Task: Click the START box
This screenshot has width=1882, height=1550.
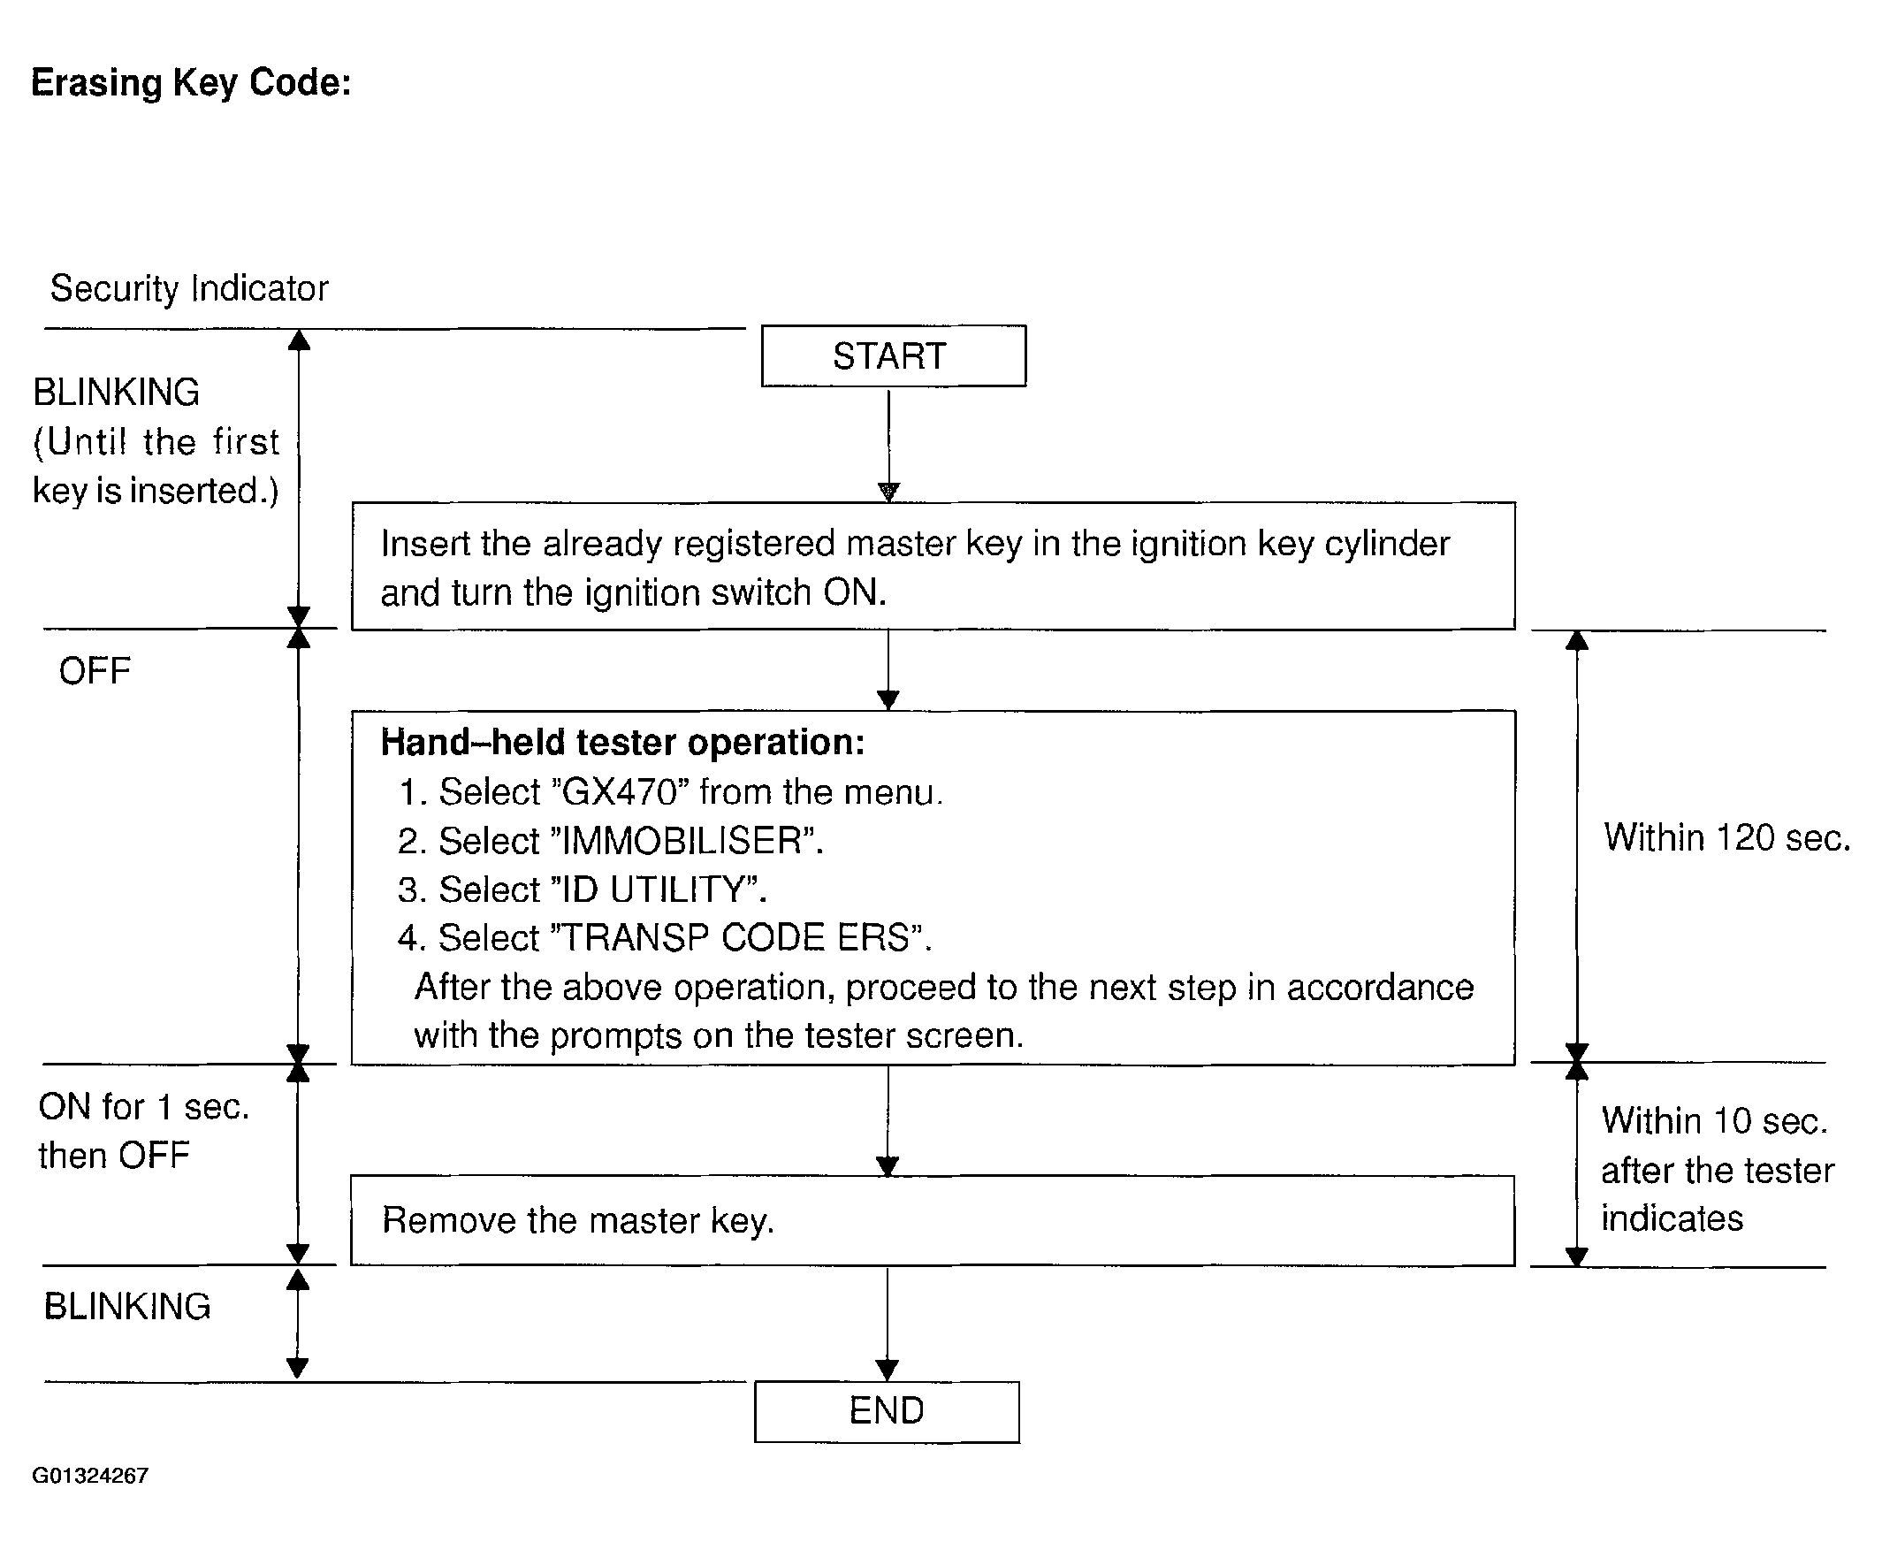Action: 893,355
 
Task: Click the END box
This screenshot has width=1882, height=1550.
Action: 887,1411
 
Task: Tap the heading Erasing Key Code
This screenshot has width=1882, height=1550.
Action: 191,83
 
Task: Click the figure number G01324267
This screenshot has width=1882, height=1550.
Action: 90,1476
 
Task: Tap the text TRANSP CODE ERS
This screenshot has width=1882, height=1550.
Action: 737,938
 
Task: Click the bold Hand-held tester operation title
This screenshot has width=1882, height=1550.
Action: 623,743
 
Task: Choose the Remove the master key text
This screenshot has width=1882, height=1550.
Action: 577,1220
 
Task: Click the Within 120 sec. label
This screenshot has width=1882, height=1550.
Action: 1726,838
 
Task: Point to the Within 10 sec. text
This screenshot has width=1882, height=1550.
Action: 1714,1121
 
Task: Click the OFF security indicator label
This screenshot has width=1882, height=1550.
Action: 95,671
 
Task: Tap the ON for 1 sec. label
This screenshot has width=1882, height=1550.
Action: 143,1107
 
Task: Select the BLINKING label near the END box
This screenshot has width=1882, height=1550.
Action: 127,1307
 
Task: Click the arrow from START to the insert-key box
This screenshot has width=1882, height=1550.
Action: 888,446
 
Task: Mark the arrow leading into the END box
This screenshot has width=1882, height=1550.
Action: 887,1325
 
